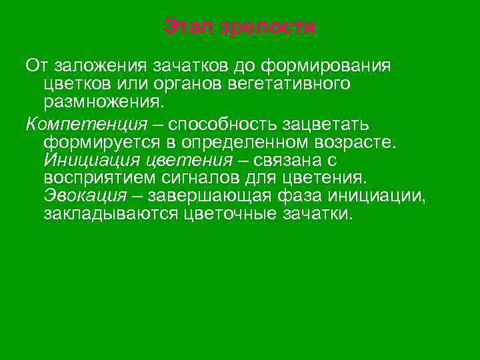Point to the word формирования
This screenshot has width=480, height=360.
click(327, 67)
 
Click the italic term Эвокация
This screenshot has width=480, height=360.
click(85, 196)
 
